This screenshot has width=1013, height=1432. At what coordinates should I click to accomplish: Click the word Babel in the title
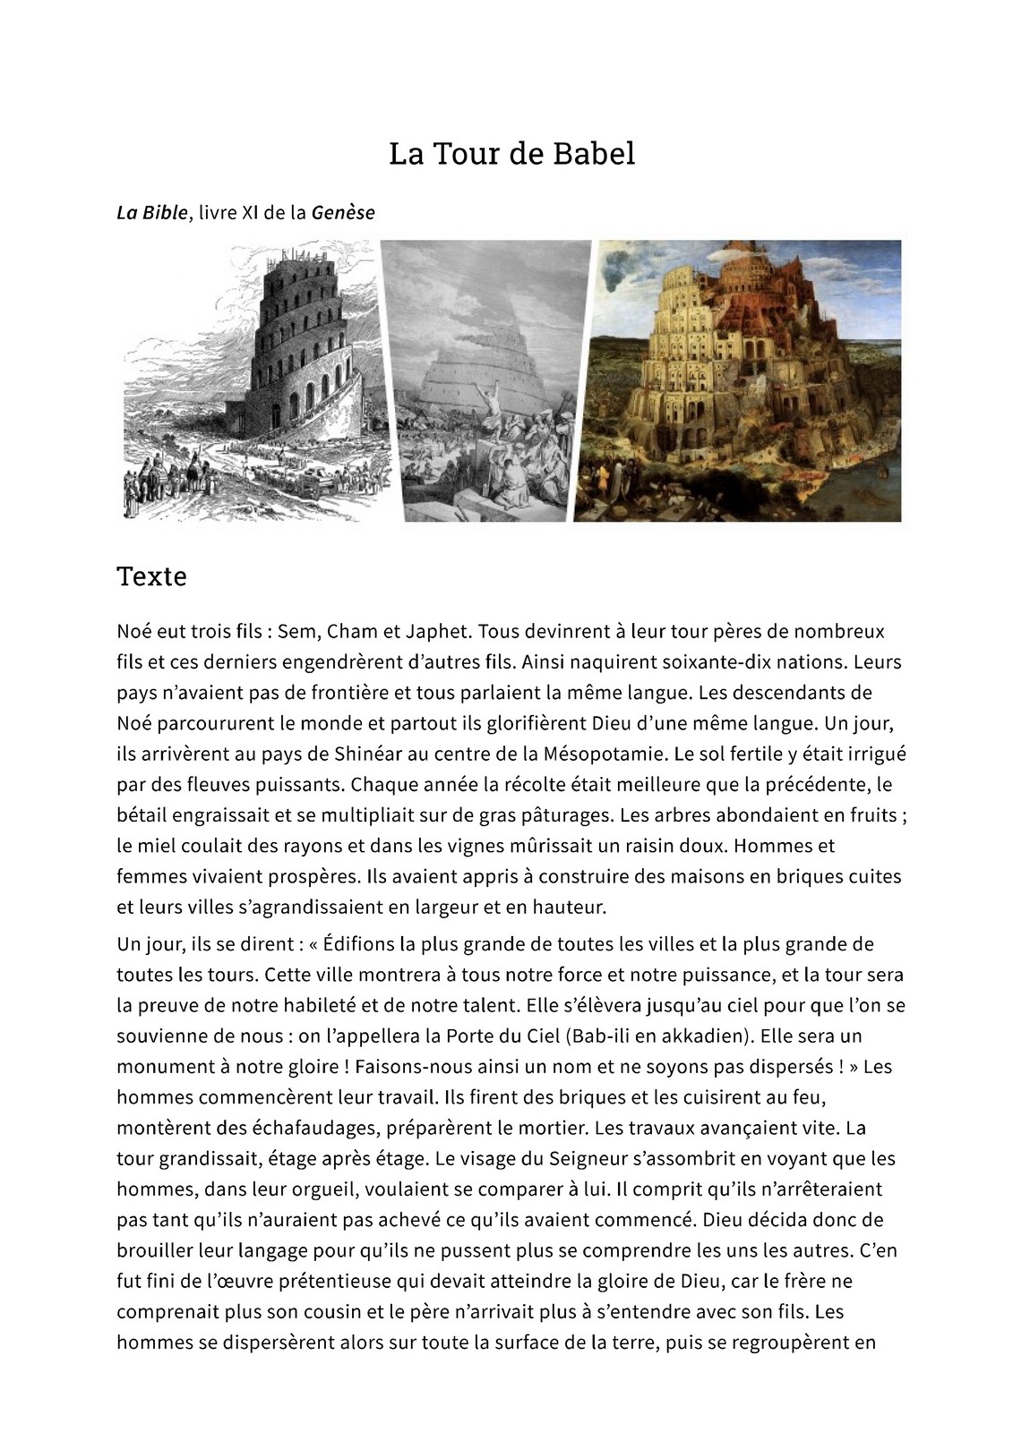coord(592,154)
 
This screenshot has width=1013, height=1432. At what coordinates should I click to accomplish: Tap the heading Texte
coord(151,575)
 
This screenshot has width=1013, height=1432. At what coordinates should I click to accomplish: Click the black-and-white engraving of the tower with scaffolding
coord(255,380)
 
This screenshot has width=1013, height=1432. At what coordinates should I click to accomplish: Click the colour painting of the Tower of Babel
coord(737,380)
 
